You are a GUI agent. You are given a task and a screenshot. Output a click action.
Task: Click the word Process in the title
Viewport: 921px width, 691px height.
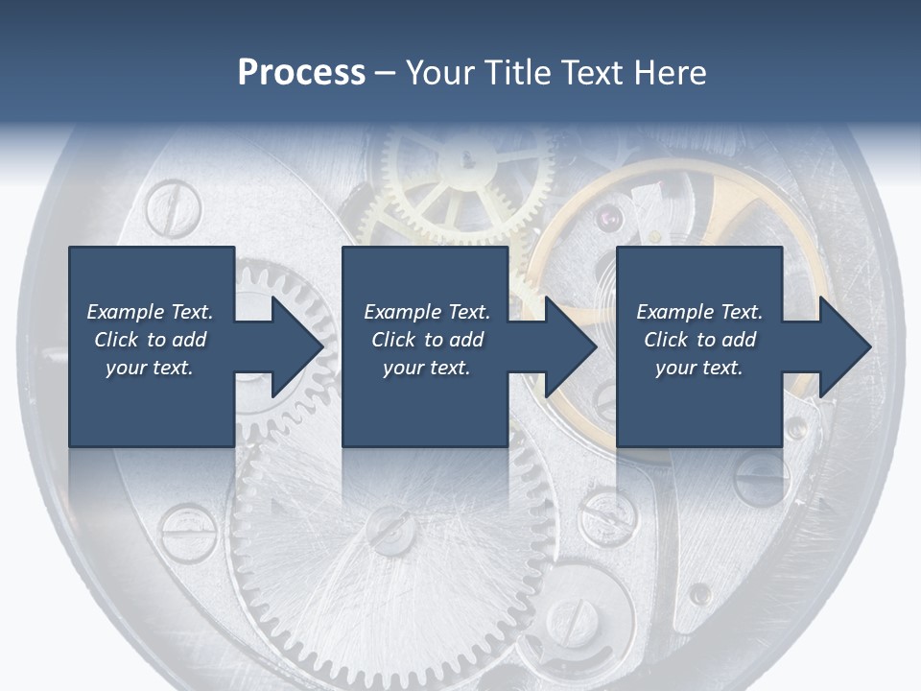[x=301, y=73]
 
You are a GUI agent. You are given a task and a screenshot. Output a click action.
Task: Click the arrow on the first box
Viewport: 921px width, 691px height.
[x=286, y=346]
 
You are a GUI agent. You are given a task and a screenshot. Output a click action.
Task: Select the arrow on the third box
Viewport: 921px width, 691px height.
[x=833, y=346]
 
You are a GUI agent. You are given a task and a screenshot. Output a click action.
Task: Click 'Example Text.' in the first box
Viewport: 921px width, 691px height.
[x=151, y=312]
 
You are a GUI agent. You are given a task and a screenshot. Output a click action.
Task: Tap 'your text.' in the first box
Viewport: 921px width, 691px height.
[x=151, y=368]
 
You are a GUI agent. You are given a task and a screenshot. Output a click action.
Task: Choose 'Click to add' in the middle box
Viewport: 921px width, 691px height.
[x=427, y=340]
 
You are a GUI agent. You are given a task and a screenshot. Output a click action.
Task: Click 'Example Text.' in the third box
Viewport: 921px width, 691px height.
[x=699, y=312]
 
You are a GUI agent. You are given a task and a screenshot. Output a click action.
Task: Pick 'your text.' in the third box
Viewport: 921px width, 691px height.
[x=699, y=368]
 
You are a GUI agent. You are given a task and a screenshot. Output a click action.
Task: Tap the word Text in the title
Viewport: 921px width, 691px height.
[x=595, y=73]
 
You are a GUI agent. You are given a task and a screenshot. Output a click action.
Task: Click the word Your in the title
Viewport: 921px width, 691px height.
[x=436, y=73]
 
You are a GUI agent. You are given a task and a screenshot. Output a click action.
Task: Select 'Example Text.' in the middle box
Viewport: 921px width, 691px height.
[x=427, y=312]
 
